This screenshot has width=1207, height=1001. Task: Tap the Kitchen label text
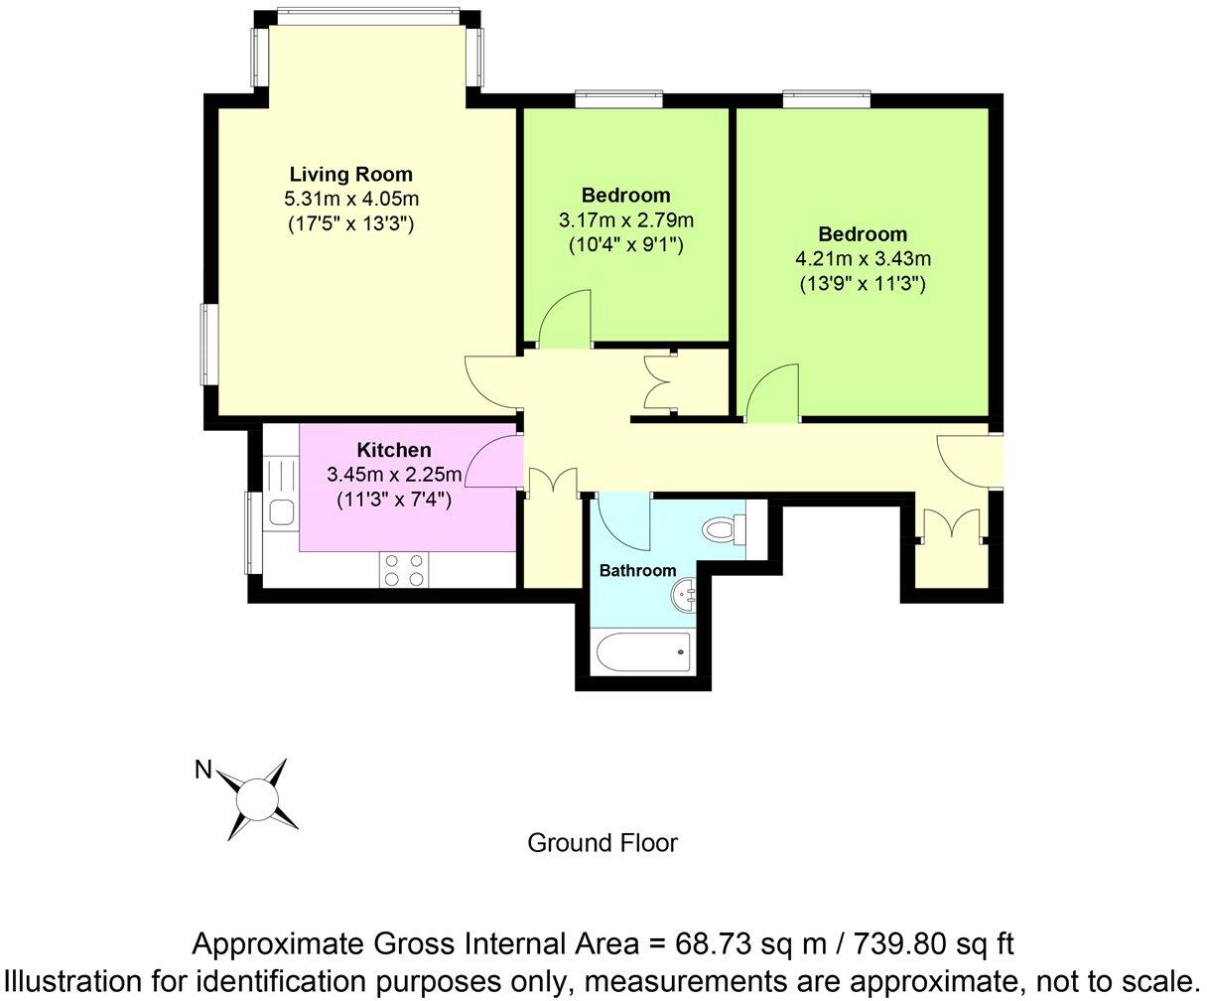(x=394, y=451)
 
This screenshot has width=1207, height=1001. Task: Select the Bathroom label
(x=637, y=570)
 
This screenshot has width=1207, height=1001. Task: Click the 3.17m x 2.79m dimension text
(x=625, y=219)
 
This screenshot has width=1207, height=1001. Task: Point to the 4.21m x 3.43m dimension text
(x=862, y=259)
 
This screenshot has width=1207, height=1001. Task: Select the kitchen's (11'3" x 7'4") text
(x=394, y=500)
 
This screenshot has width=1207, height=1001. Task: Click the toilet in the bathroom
(x=724, y=529)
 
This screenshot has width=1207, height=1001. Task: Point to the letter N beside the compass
(x=203, y=770)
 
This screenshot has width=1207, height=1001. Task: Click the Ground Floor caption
(x=602, y=843)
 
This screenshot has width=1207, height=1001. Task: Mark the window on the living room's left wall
(x=210, y=345)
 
